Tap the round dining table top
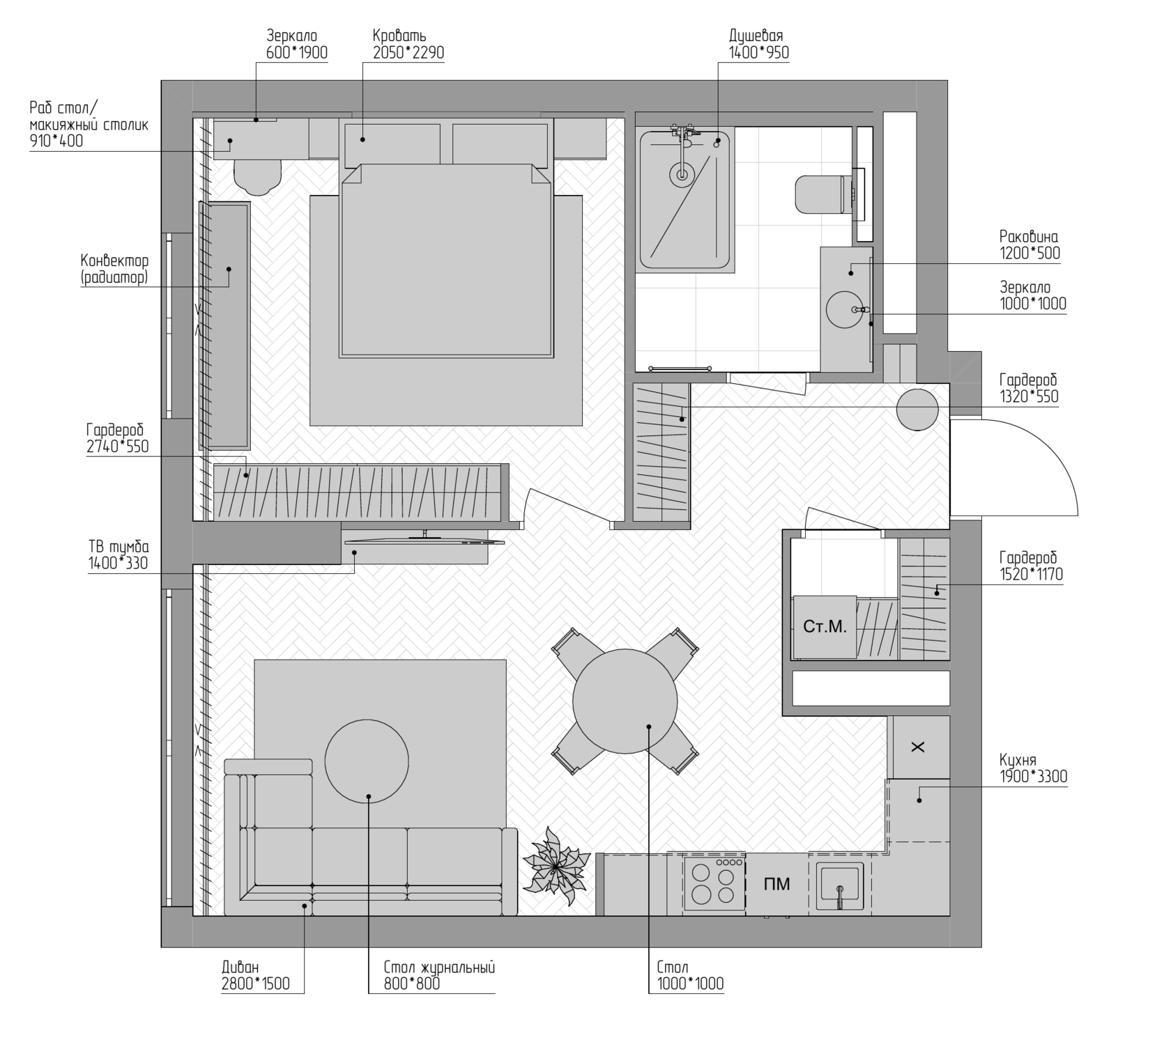(625, 701)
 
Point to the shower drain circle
(682, 174)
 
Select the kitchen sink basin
(840, 885)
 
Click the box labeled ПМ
(777, 883)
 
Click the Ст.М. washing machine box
(825, 627)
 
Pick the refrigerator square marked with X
(921, 747)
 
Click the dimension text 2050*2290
(408, 53)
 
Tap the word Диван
(240, 967)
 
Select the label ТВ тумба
(118, 547)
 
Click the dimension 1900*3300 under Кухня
(1034, 776)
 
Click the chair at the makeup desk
(257, 177)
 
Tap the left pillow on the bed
(392, 145)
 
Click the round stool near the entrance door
(917, 410)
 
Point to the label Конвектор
(114, 261)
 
